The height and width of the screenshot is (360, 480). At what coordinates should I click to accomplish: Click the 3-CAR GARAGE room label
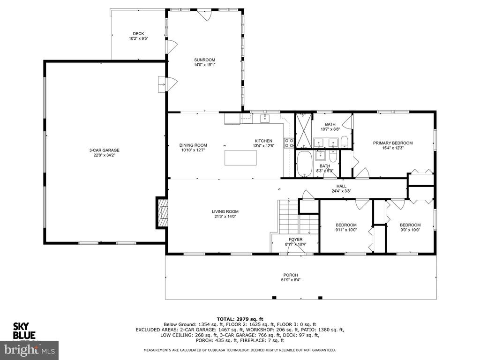[104, 150]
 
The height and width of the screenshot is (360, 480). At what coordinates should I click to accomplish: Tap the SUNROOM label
[204, 60]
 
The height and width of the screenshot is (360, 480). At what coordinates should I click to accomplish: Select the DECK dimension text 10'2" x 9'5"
[138, 38]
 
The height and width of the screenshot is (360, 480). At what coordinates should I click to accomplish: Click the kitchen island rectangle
[240, 157]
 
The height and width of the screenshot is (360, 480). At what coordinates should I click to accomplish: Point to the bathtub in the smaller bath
[304, 164]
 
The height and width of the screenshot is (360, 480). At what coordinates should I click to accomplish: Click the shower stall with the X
[303, 130]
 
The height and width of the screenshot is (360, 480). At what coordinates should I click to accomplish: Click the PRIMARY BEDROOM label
[393, 143]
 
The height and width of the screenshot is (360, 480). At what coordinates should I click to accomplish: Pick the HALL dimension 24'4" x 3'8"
[341, 191]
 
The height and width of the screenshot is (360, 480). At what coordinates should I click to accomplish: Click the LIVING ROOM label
[225, 211]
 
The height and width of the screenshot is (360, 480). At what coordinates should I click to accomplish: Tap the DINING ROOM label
[193, 145]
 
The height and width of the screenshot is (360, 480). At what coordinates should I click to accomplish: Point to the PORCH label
[291, 275]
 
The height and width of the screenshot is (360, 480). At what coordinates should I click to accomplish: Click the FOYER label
[295, 240]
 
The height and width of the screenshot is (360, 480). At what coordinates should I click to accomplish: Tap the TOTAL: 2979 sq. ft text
[240, 319]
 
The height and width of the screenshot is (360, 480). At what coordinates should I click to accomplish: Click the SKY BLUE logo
[24, 330]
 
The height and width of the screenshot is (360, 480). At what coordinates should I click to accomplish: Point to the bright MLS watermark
[30, 350]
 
